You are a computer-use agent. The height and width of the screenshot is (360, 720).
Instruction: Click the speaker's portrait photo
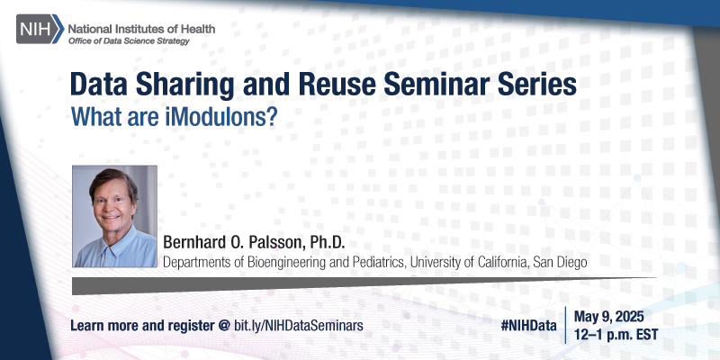click(113, 217)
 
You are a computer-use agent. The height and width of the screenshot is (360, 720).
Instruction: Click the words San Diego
click(562, 262)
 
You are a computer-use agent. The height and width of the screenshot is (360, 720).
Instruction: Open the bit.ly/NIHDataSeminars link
click(299, 323)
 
